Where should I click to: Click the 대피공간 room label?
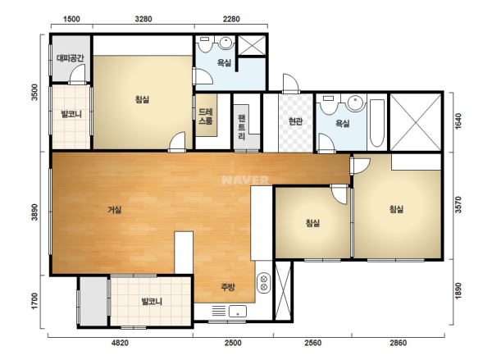coord(71,58)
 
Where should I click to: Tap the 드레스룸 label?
coord(206,116)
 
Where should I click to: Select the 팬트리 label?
coord(242,127)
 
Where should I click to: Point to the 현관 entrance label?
coord(295,121)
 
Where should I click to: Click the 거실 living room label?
coord(115,210)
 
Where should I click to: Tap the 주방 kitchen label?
coord(228,287)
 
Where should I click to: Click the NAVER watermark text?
coord(245,180)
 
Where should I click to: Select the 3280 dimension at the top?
coord(143,19)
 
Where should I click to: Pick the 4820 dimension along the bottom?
coord(121,343)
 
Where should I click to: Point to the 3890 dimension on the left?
coord(34,212)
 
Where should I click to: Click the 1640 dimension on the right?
coord(458,121)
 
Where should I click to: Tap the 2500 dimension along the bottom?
coord(233,343)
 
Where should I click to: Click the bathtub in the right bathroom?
coord(377,123)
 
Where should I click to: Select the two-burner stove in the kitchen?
coord(264,283)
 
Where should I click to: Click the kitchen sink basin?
coord(238,312)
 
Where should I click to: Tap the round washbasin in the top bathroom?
coord(226,43)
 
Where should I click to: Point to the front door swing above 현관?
coord(290,83)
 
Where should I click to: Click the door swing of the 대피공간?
coord(77,74)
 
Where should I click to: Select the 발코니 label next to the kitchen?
coord(152,302)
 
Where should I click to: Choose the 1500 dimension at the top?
coord(71,19)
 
